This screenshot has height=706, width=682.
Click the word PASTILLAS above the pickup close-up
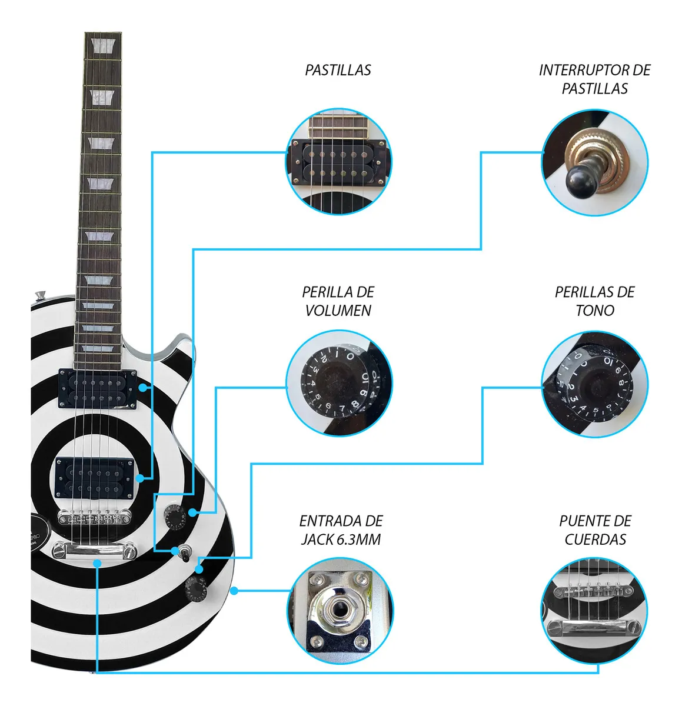click(x=338, y=70)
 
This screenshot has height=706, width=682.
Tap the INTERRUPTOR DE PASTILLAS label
click(x=594, y=79)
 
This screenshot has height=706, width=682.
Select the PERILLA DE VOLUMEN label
click(x=338, y=301)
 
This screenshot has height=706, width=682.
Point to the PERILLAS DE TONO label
click(x=594, y=301)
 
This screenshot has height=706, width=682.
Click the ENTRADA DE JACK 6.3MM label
click(x=341, y=530)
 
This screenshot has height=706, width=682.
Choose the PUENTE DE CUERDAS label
click(x=594, y=530)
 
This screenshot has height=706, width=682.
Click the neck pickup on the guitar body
click(x=97, y=389)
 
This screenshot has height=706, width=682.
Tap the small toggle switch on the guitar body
click(x=184, y=553)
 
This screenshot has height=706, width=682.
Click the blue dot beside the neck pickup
click(x=143, y=388)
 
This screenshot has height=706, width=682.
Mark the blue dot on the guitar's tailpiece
click(x=97, y=563)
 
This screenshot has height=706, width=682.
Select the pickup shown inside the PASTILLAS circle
click(x=338, y=161)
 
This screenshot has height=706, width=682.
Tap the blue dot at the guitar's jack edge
click(x=234, y=590)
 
